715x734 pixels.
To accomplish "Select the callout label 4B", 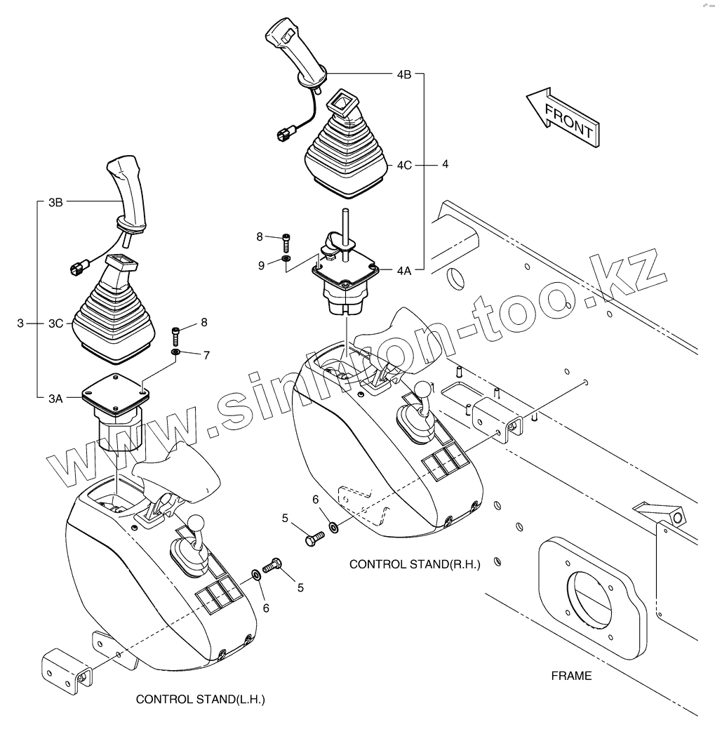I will point(403,74).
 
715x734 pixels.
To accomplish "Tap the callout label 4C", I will point(403,166).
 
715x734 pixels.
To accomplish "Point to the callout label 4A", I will point(403,269).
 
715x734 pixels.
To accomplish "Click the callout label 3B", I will point(55,202).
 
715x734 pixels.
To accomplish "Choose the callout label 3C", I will point(55,323).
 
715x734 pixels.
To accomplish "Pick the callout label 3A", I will point(55,398).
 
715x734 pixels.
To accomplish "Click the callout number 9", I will point(261,265).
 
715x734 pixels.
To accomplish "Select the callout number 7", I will point(206,355).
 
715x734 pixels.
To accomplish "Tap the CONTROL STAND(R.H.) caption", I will point(415,564).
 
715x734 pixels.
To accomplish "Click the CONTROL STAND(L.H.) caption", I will point(200,700).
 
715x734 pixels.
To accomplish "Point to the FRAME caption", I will point(570,676).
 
